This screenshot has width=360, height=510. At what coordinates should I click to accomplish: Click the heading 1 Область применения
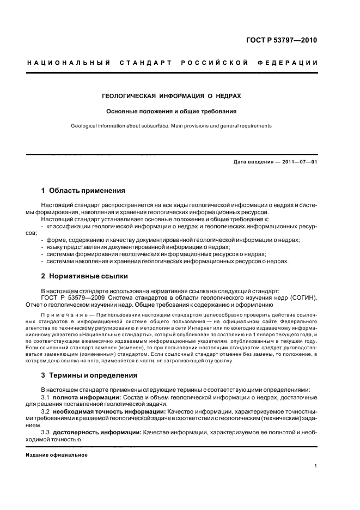(83, 191)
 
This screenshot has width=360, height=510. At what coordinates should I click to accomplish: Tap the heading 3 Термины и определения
(89, 375)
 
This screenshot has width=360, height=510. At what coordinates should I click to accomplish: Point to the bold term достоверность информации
(90, 432)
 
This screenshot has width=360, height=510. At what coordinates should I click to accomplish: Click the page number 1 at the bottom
(316, 466)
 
